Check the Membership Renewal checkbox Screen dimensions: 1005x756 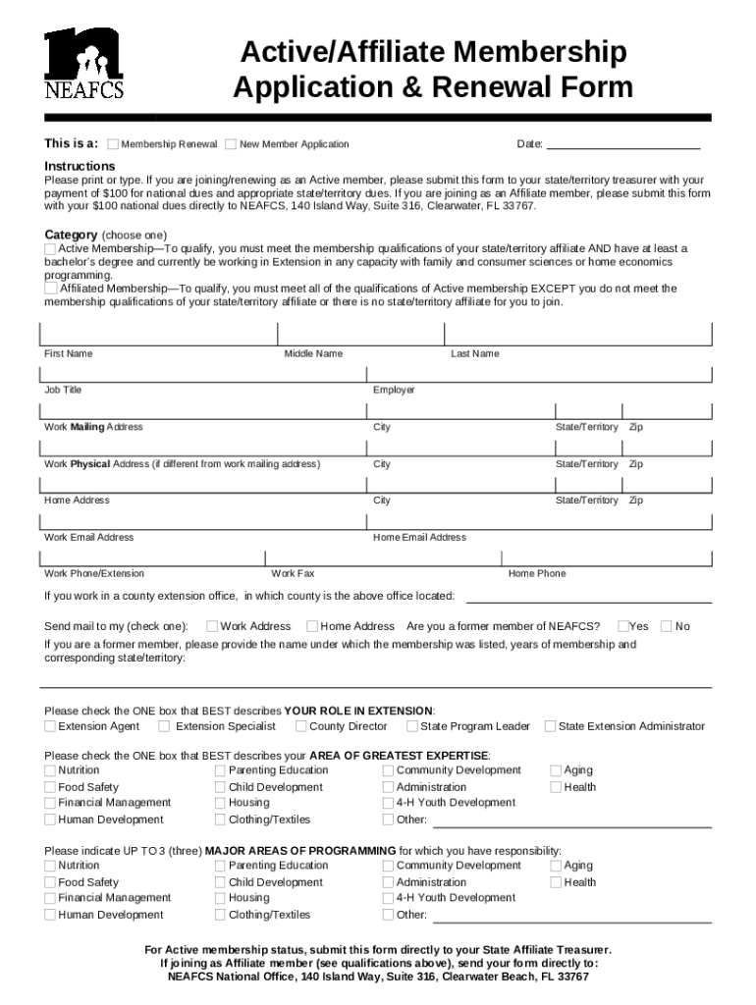(x=113, y=144)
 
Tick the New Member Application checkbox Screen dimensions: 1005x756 (x=231, y=144)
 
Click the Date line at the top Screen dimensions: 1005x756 (x=622, y=143)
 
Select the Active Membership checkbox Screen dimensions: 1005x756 (x=50, y=249)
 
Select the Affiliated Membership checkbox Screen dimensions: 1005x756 (x=50, y=289)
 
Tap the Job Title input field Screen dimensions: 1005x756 (x=200, y=373)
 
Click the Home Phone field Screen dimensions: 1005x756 (x=608, y=556)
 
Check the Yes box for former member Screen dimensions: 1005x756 (x=623, y=626)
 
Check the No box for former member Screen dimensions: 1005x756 (x=667, y=626)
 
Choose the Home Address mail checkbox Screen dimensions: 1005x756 (x=312, y=626)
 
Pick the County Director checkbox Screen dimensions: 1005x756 (x=300, y=727)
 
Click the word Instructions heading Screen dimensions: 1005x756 (x=80, y=166)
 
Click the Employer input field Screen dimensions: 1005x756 (x=539, y=373)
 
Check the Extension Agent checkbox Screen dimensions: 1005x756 (x=50, y=727)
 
